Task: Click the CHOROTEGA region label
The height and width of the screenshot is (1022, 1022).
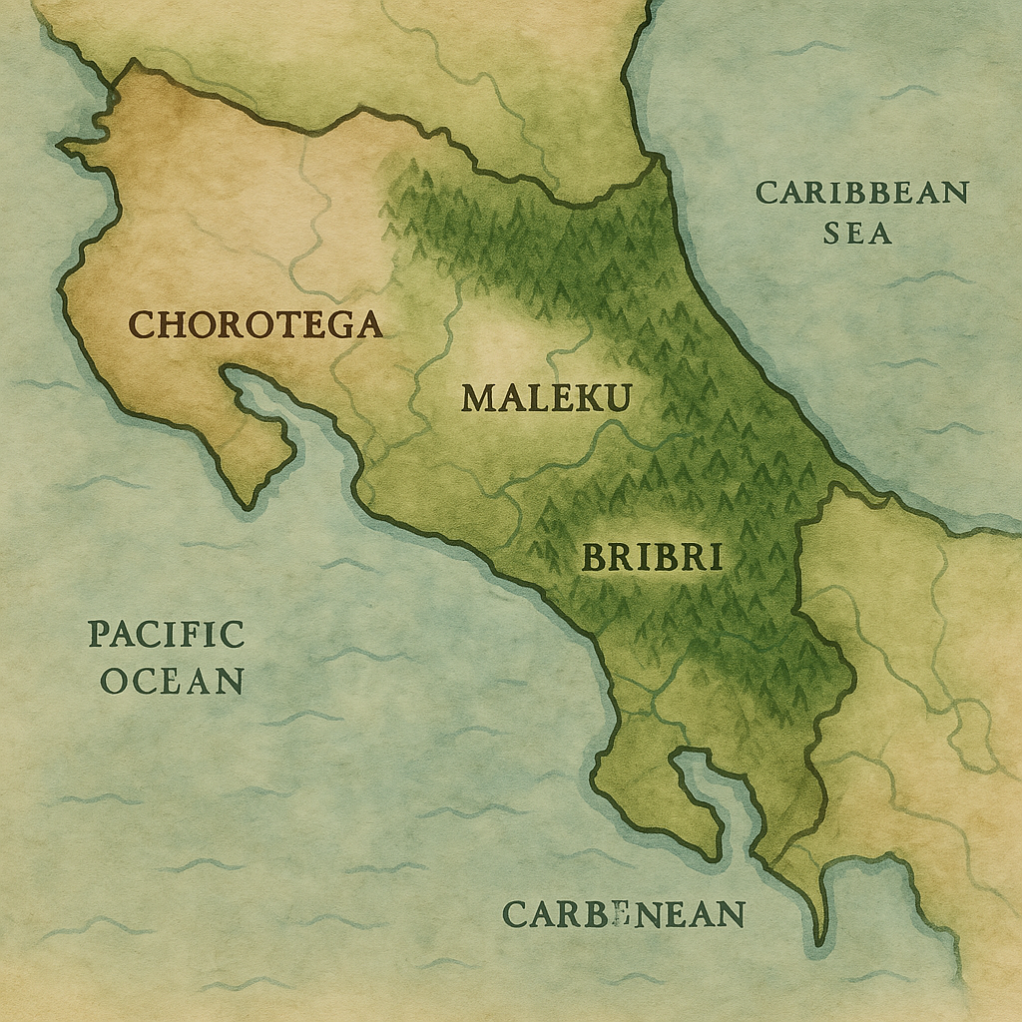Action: point(256,324)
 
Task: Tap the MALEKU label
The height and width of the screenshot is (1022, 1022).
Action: point(546,399)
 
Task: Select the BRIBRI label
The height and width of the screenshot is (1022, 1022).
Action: point(651,558)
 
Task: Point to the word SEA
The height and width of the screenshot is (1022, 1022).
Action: point(857,234)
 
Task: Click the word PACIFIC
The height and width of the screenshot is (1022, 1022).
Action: point(166,635)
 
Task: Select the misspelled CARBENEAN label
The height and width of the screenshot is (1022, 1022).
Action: point(624,914)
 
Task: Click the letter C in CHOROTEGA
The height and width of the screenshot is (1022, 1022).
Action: point(143,325)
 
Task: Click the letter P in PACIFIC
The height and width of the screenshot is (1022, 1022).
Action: point(99,635)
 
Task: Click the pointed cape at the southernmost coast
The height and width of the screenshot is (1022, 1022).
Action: point(820,938)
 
